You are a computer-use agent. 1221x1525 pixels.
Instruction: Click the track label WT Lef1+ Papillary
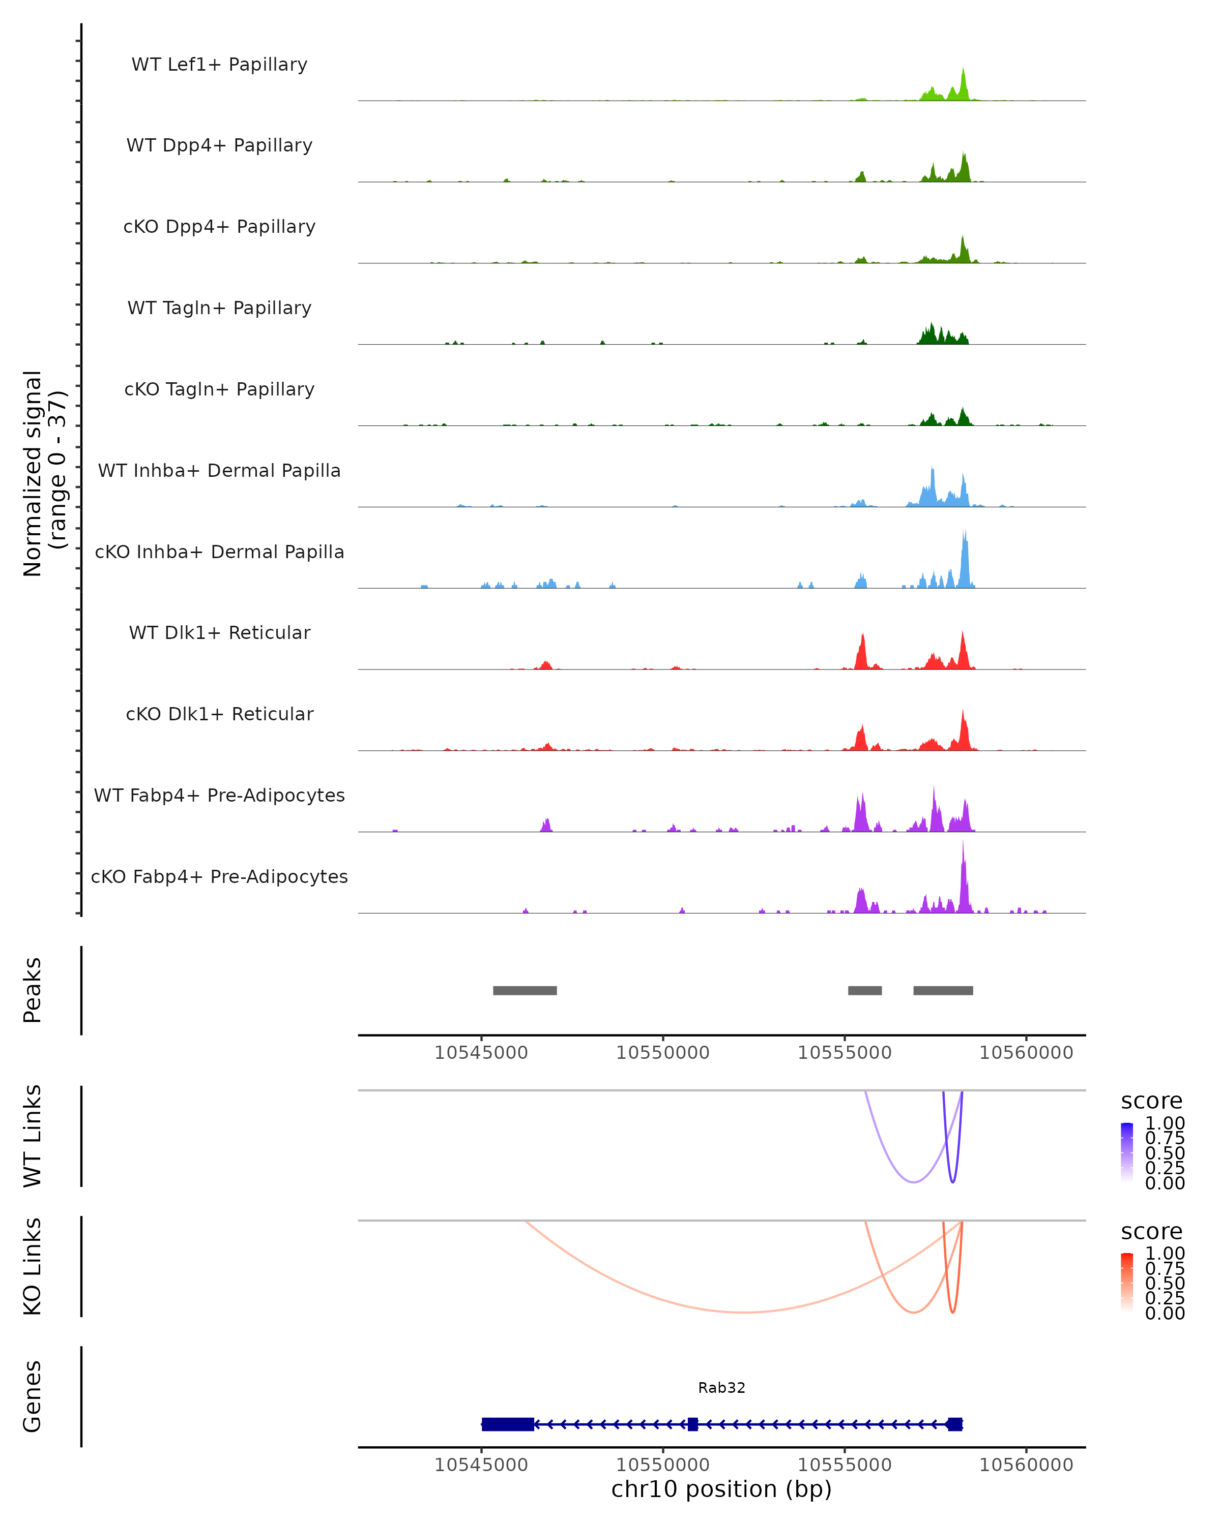point(219,65)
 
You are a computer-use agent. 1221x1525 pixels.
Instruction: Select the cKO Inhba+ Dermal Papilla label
point(219,552)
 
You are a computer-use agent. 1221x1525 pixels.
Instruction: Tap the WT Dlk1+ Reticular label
point(219,633)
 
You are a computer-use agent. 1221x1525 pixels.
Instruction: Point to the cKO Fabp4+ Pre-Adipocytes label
point(219,876)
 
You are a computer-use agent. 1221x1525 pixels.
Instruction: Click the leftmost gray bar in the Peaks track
point(525,990)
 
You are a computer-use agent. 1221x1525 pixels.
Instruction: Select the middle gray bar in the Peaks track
point(864,990)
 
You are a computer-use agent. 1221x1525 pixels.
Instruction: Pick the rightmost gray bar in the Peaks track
point(943,990)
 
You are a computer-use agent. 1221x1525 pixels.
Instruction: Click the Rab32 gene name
point(721,1388)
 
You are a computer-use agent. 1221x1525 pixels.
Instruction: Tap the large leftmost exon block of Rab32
point(508,1424)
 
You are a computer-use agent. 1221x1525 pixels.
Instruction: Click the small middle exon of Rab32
point(692,1424)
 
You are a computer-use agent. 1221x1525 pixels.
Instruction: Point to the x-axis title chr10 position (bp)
point(721,1489)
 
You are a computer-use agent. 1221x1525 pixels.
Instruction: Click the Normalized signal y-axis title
point(44,474)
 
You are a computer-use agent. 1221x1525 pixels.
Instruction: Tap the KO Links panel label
point(33,1266)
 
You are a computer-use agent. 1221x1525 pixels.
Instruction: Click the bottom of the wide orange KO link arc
point(742,1312)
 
